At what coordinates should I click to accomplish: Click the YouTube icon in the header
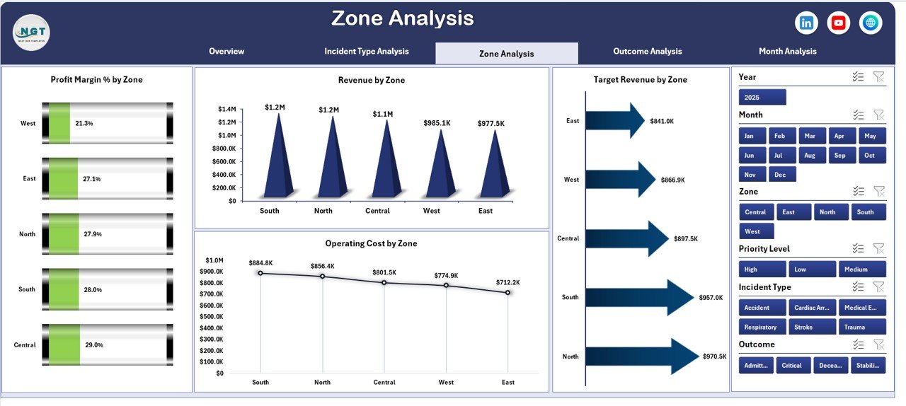pos(839,23)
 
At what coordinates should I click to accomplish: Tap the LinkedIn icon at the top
pos(806,23)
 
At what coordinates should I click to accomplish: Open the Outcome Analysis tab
pos(647,52)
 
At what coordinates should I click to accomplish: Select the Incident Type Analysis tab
pos(367,52)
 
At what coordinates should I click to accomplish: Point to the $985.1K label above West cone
pos(437,123)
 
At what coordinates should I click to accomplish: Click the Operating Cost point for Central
pos(384,282)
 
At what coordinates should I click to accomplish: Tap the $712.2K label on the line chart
pos(507,282)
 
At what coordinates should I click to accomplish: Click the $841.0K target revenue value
pos(662,121)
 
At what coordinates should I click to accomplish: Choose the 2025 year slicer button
pos(762,97)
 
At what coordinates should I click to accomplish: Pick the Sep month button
pos(839,155)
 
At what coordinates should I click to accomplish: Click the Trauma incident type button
pos(862,327)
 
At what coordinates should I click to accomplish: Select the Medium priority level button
pos(862,269)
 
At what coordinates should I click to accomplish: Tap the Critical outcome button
pos(793,365)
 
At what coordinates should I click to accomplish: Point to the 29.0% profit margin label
pos(93,345)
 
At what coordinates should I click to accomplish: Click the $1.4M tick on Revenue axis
pos(226,109)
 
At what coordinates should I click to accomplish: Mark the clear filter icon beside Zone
pos(878,191)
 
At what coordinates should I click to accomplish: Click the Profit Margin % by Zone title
pos(96,80)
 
